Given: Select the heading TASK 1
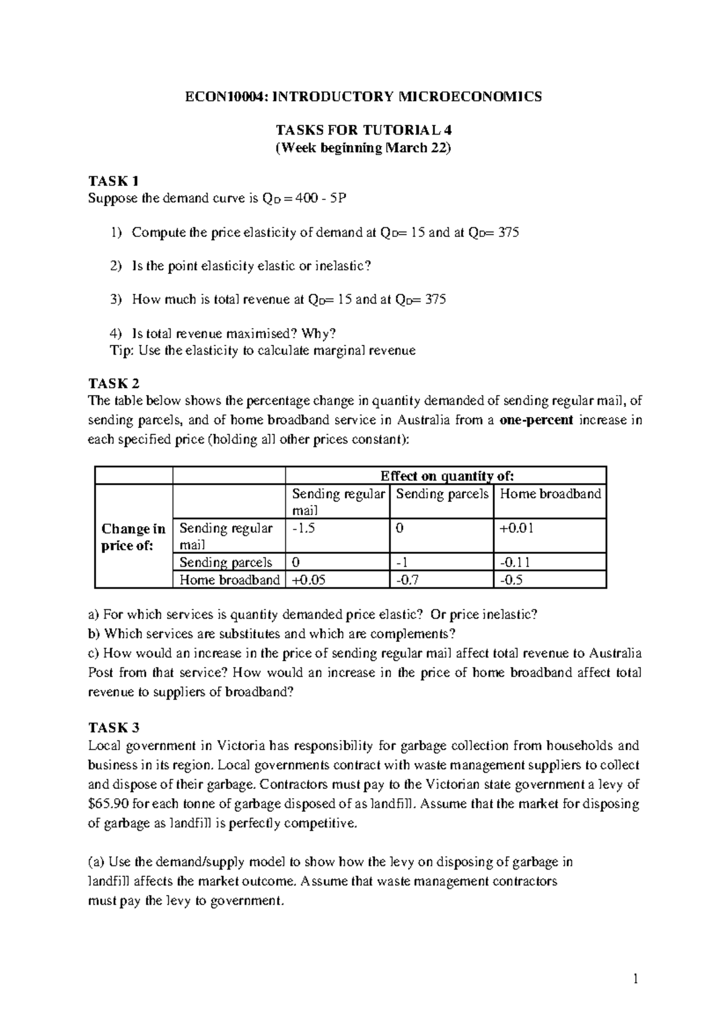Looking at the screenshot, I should (x=113, y=181).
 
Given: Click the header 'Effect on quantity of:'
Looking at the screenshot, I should (x=446, y=476).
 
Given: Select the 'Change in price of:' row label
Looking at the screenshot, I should (x=133, y=537).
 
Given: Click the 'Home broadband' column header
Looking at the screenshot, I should (x=550, y=494).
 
